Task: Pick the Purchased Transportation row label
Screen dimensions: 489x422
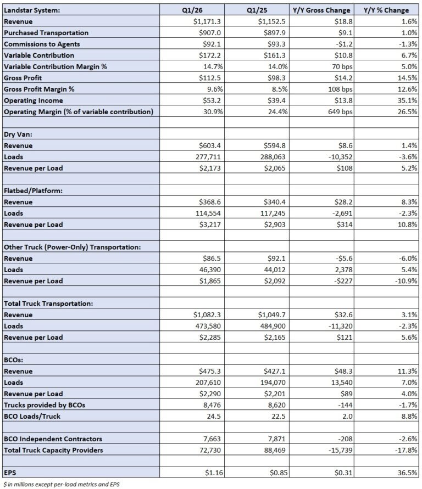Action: (x=46, y=32)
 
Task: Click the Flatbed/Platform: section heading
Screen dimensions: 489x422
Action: (x=34, y=190)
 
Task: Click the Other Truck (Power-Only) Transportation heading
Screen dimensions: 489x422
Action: (x=72, y=247)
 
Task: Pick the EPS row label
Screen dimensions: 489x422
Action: (x=10, y=473)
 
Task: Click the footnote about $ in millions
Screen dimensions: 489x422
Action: (x=61, y=484)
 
